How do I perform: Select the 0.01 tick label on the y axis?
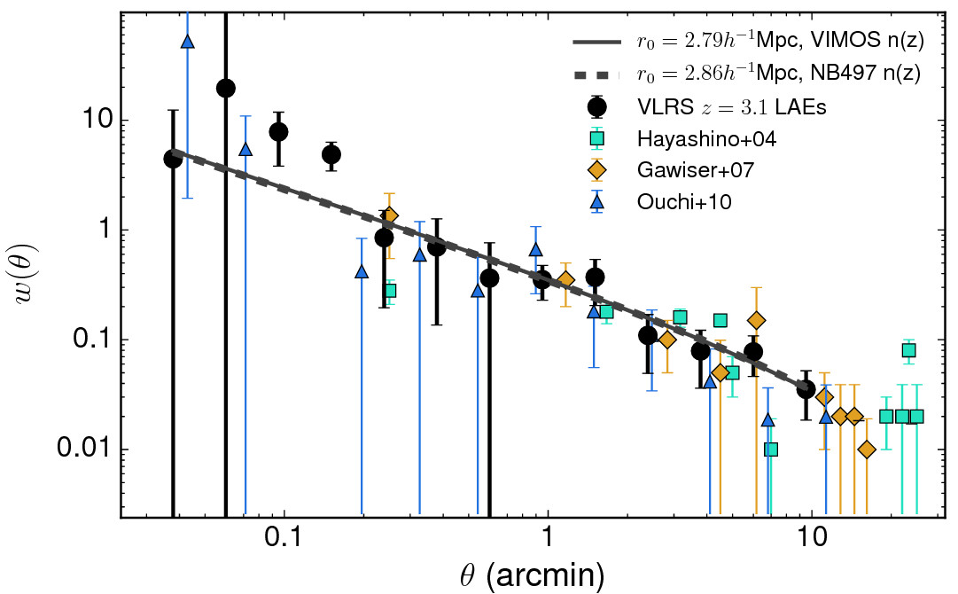[x=75, y=449]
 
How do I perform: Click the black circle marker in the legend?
[x=597, y=106]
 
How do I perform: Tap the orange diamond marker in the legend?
[x=597, y=170]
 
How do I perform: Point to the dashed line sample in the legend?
[x=597, y=74]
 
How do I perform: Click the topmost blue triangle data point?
[x=187, y=42]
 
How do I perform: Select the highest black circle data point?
[x=226, y=87]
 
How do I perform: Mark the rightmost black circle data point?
[x=806, y=388]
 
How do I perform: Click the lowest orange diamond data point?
[x=867, y=449]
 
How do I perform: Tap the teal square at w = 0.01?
[x=771, y=449]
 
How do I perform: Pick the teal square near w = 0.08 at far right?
[x=908, y=350]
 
